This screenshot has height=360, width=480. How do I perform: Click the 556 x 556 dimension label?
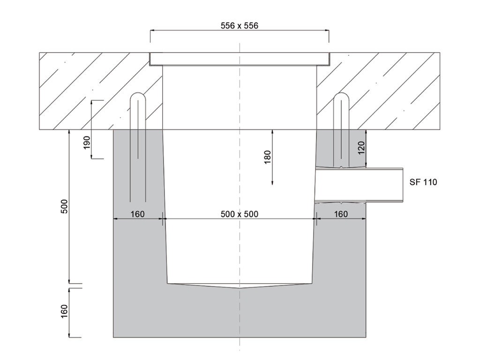point(239,26)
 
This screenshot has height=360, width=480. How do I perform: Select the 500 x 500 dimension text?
point(239,214)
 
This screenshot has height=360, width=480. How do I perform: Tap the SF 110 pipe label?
point(423,182)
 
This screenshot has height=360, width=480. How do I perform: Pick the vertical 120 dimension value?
point(361,149)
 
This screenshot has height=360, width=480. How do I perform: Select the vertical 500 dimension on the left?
point(65,207)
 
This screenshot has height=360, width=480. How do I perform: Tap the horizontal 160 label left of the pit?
point(137,214)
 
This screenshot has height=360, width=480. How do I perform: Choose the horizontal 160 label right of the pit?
point(341,214)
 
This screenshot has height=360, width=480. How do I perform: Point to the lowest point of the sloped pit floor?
point(240,289)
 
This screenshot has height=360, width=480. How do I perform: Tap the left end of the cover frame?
point(150,59)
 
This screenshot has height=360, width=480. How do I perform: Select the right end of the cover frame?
point(329,59)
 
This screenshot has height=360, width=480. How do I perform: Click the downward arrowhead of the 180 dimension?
point(272,183)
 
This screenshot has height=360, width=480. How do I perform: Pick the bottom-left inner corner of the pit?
point(168,283)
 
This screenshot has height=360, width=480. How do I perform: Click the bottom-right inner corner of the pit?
point(312,283)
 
